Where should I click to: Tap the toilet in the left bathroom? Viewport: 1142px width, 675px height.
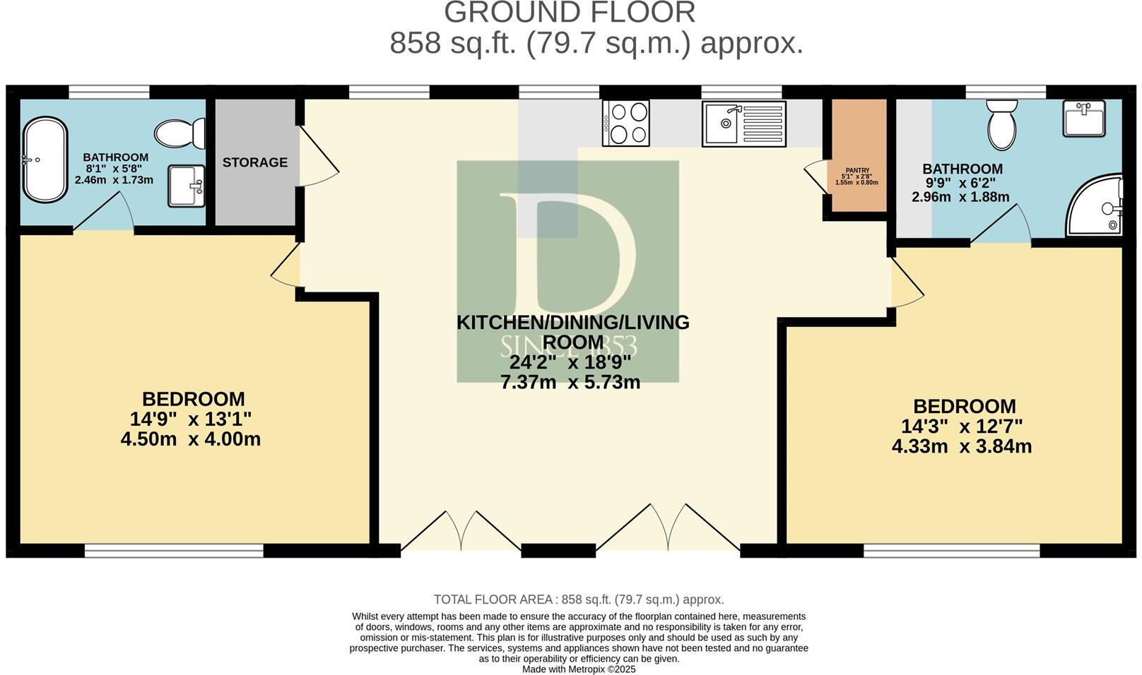coord(179,133)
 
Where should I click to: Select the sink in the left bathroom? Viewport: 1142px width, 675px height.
coord(186,186)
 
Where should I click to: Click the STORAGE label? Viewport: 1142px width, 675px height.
coord(255,162)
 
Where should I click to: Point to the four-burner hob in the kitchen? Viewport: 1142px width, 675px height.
coord(625,124)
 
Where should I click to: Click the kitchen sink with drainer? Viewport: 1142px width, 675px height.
coord(743,124)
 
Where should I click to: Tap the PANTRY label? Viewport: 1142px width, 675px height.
coord(856,170)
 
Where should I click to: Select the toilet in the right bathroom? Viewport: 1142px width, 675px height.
coord(1001,124)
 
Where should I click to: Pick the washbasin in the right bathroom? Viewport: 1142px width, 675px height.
coord(1083,118)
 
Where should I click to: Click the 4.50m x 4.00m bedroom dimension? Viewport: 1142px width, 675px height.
coord(191,439)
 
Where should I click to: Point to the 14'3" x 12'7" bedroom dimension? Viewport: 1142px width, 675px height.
coord(962,426)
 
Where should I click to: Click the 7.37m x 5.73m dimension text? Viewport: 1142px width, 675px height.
coord(570,383)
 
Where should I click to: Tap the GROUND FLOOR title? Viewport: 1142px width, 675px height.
coord(570,13)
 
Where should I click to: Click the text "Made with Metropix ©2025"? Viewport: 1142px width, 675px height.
coord(579,669)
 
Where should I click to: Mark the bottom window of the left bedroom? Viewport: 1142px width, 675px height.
coord(174,550)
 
